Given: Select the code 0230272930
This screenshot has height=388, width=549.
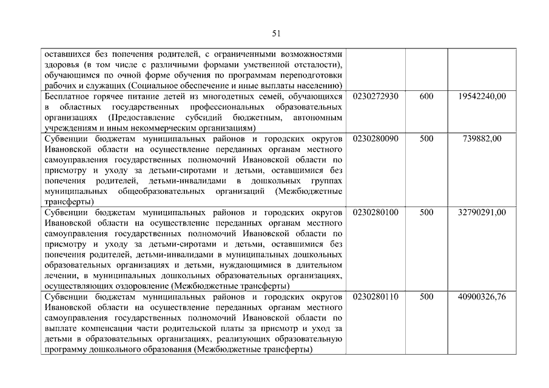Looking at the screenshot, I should click(x=375, y=96).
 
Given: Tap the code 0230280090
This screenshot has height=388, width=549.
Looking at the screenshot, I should click(x=375, y=139).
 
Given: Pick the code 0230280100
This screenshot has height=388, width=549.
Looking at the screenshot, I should click(x=375, y=213).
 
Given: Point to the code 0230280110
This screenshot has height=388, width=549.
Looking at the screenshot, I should click(x=375, y=297).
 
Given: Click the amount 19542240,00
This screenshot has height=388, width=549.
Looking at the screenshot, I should click(x=483, y=96).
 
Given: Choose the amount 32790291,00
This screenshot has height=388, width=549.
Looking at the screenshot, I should click(x=483, y=213).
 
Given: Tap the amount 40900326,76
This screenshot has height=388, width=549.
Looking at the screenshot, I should click(x=483, y=297).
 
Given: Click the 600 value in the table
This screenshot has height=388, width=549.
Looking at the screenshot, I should click(x=426, y=96).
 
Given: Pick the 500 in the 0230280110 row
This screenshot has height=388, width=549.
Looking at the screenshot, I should click(x=426, y=297).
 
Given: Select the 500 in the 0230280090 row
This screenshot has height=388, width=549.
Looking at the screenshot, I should click(x=426, y=139).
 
